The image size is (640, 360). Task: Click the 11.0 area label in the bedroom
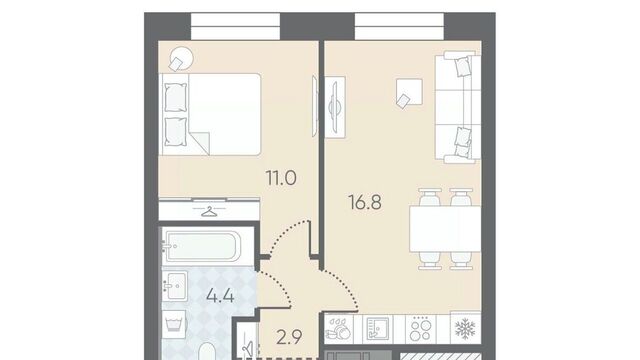pyautogui.click(x=281, y=178)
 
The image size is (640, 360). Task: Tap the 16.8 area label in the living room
pyautogui.click(x=365, y=202)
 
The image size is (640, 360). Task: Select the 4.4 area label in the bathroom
pyautogui.click(x=220, y=296)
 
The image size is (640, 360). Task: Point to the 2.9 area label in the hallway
pyautogui.click(x=289, y=337)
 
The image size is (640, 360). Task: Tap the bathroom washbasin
pyautogui.click(x=175, y=285)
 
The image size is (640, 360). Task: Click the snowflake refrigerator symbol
pyautogui.click(x=465, y=328)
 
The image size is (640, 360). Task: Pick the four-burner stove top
pyautogui.click(x=420, y=329)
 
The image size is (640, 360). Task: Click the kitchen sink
pyautogui.click(x=378, y=329)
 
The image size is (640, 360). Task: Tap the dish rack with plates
pyautogui.click(x=338, y=329)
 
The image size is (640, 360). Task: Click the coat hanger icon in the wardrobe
pyautogui.click(x=209, y=211)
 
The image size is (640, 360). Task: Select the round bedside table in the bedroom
pyautogui.click(x=181, y=58)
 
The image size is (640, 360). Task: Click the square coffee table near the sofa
pyautogui.click(x=409, y=93)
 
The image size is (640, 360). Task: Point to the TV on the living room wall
pyautogui.click(x=335, y=107)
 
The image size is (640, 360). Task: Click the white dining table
pyautogui.click(x=445, y=229)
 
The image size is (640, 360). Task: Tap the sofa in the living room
pyautogui.click(x=458, y=107)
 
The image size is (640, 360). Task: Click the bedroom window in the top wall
pyautogui.click(x=236, y=27)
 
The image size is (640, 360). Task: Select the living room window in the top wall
pyautogui.click(x=399, y=27)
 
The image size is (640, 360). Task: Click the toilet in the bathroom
pyautogui.click(x=208, y=351)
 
